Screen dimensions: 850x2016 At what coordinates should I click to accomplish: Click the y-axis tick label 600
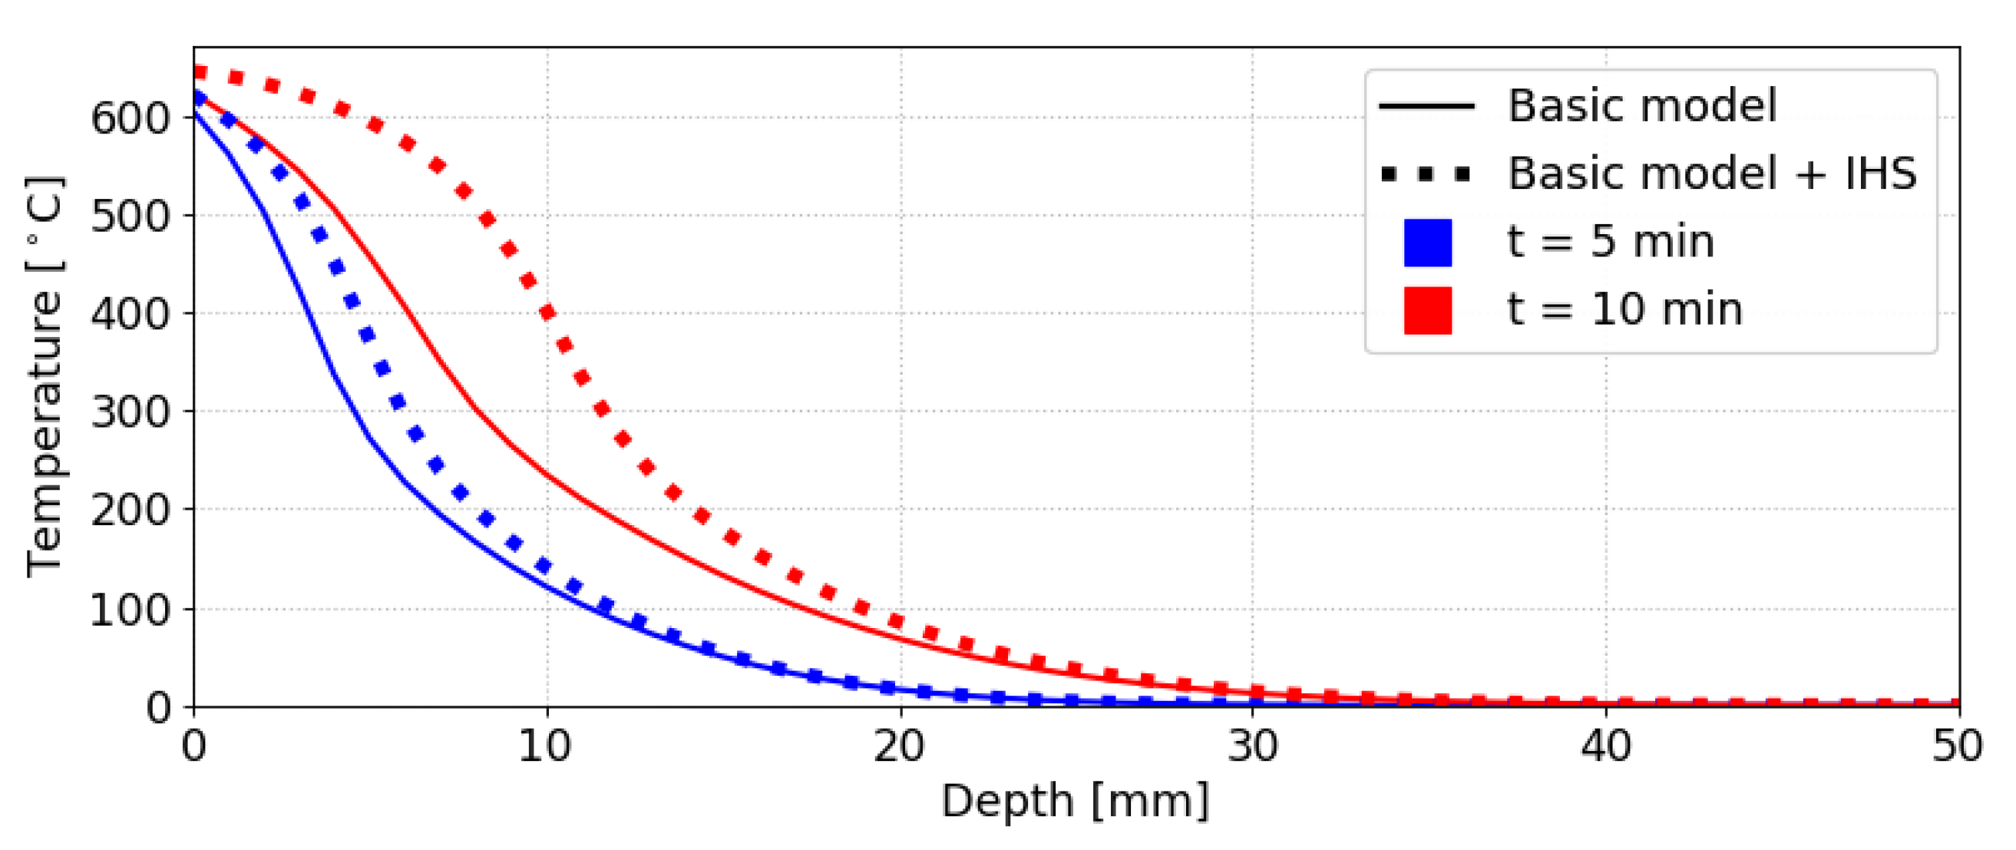[130, 119]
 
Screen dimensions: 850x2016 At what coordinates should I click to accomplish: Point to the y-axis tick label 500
[130, 217]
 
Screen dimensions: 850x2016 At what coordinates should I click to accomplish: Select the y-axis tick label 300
[130, 412]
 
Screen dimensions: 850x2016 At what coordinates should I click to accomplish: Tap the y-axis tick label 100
[130, 610]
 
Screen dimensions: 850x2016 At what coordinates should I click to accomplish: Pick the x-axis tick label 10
[546, 746]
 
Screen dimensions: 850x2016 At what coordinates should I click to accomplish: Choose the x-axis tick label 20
[899, 746]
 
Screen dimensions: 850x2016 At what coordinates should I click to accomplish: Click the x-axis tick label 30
[1252, 746]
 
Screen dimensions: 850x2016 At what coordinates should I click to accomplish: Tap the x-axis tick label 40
[1606, 746]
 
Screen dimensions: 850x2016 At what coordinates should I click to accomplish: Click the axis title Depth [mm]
[1076, 802]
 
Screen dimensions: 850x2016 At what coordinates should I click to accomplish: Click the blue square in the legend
[1427, 243]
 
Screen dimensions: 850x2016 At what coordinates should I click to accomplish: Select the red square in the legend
[1427, 311]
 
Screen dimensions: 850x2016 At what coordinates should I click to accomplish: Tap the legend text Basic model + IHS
[1712, 174]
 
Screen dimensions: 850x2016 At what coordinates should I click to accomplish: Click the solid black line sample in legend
[1426, 106]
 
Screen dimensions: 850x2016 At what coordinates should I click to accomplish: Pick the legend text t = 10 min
[1624, 310]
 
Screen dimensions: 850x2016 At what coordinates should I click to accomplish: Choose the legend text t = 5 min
[1611, 242]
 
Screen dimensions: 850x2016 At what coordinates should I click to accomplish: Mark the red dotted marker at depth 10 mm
[548, 313]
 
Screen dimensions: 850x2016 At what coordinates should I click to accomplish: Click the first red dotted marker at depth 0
[200, 73]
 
